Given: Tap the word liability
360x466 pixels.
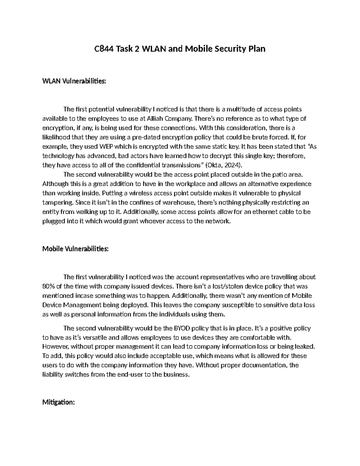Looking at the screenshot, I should [53, 374].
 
